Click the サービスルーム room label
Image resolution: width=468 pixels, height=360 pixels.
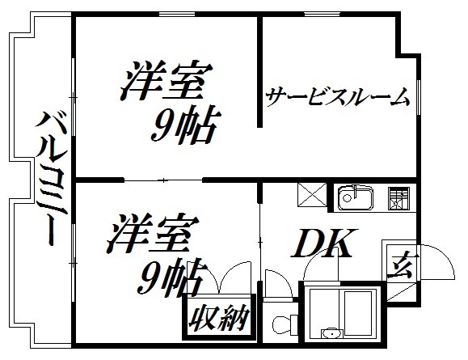click(338, 97)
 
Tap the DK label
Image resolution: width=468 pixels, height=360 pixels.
click(324, 243)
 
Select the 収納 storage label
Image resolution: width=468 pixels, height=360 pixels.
click(219, 318)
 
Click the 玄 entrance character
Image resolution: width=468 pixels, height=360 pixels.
click(400, 266)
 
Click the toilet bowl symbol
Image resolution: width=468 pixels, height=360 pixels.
click(281, 324)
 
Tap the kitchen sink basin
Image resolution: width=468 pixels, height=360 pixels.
click(355, 197)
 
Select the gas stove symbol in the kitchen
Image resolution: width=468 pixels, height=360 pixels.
click(398, 198)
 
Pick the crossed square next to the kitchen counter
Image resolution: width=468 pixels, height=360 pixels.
click(312, 195)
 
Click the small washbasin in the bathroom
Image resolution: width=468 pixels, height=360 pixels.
click(331, 334)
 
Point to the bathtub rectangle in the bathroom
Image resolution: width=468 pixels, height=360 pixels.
click(358, 313)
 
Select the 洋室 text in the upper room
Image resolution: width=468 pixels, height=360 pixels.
click(167, 80)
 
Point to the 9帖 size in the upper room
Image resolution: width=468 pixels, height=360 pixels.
click(185, 123)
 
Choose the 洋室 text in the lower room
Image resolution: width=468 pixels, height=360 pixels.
click(153, 232)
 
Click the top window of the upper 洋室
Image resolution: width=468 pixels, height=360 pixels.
click(177, 14)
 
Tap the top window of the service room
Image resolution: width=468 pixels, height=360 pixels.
click(322, 14)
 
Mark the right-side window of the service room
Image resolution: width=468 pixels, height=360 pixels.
click(419, 97)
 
